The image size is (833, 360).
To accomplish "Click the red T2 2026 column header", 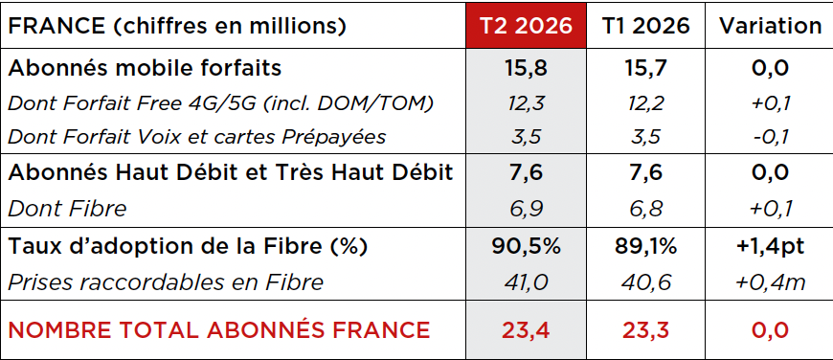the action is (x=526, y=26).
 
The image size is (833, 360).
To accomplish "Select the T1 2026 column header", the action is (x=645, y=26).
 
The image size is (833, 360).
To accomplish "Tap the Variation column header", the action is (x=771, y=26).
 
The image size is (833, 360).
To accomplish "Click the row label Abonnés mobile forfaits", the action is (x=145, y=68).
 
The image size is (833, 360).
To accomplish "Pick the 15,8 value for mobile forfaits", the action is (x=526, y=69).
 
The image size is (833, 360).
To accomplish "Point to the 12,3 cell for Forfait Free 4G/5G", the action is (x=526, y=103).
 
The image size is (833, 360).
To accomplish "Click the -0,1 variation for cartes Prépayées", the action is (x=771, y=137).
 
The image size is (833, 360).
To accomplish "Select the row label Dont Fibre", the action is (x=67, y=208).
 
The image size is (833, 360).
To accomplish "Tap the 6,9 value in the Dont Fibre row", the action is (x=526, y=208).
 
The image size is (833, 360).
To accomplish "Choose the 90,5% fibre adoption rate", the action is (x=526, y=247).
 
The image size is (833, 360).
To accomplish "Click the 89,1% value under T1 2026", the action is (x=645, y=247).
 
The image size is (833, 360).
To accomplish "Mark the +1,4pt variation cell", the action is (x=771, y=247).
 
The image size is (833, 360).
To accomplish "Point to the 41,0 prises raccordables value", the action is (x=526, y=281).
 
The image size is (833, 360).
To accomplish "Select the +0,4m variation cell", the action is (x=771, y=281).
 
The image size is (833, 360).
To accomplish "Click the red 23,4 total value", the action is (x=526, y=330).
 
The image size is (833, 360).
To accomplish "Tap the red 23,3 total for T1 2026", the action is (x=645, y=330).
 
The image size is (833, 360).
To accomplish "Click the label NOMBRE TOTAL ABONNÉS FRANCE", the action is (x=219, y=330).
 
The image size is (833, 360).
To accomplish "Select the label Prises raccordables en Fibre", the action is (x=166, y=281).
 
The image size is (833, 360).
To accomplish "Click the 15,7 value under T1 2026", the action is (x=645, y=69).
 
